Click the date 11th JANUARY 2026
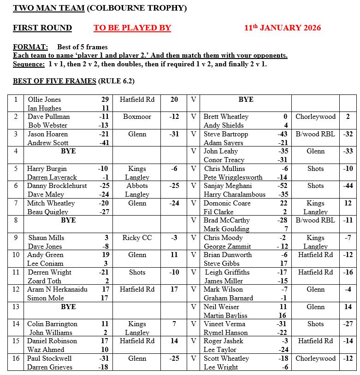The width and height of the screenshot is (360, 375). point(282,28)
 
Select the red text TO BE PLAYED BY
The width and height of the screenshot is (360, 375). point(132,28)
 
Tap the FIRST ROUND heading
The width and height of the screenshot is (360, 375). point(42,28)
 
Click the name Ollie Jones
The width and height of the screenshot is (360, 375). point(44,100)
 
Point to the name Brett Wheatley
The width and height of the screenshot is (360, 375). point(226,117)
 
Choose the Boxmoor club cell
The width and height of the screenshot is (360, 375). point(137,117)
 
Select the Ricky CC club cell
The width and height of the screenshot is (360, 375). point(137,238)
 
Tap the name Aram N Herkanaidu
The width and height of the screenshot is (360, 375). point(57,289)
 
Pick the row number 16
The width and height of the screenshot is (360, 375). point(16,358)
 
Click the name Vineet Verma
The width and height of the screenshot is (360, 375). point(224,324)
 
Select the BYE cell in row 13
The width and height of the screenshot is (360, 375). point(68,307)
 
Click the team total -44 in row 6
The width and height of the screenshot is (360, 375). point(347,186)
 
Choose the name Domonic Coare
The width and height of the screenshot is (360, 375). point(227,203)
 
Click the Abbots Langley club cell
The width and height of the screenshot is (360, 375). point(137,190)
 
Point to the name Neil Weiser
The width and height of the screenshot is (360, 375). point(221,307)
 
